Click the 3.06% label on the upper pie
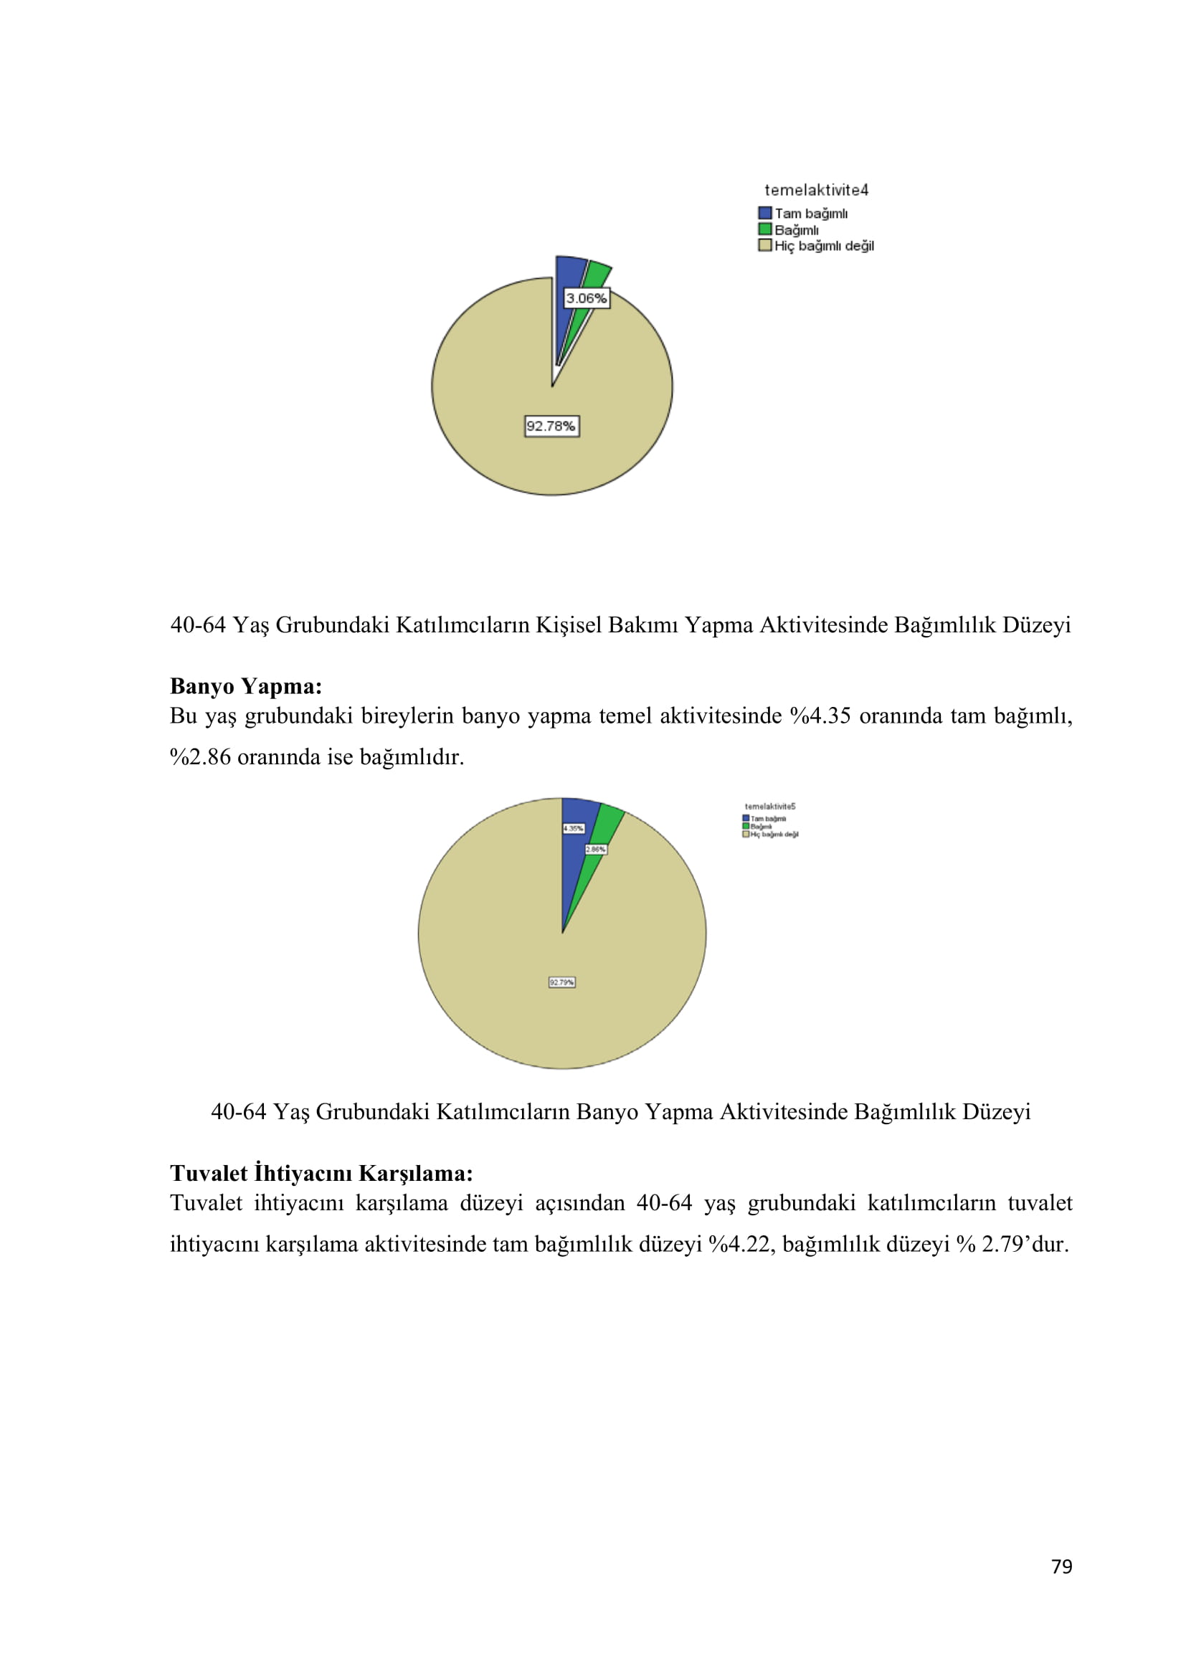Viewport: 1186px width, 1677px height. click(587, 298)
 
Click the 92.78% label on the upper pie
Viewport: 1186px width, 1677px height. click(551, 426)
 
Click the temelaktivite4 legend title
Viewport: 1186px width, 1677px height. click(816, 190)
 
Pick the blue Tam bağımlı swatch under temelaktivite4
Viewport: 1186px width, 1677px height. click(764, 213)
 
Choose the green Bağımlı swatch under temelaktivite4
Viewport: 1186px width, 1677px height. click(764, 229)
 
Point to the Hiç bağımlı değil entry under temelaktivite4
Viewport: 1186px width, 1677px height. click(824, 246)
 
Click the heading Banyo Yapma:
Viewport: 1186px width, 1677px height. click(246, 687)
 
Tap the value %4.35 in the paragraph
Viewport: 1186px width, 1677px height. click(820, 716)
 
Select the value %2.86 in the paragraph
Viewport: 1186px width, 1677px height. click(200, 756)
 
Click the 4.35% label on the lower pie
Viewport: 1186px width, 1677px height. click(574, 828)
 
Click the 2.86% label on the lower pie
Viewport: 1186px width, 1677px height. click(595, 850)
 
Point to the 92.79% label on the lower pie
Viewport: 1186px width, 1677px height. click(561, 982)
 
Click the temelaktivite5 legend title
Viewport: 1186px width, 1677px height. click(769, 807)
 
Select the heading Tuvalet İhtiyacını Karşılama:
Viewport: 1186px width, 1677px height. click(321, 1173)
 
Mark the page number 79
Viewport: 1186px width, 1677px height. click(1061, 1566)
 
